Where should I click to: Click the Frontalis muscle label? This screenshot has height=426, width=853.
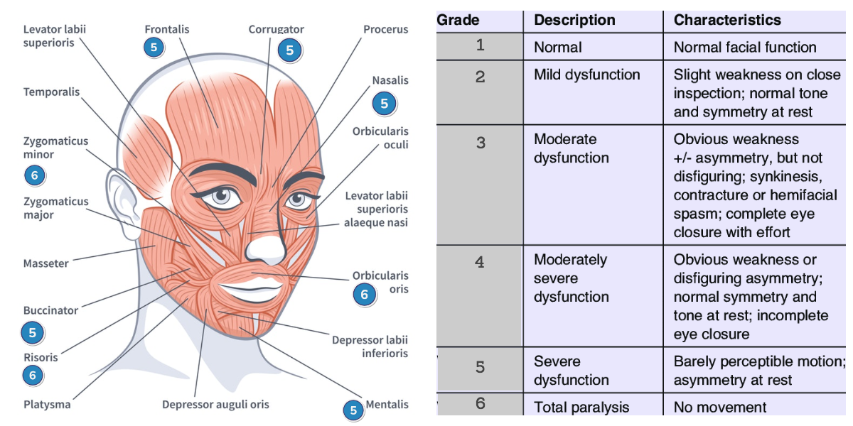166,29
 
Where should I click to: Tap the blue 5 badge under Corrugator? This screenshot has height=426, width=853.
289,50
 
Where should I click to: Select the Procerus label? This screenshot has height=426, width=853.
385,29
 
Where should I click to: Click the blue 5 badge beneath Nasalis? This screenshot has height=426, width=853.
384,104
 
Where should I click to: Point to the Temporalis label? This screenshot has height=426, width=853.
51,92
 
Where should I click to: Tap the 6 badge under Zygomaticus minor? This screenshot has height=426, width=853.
34,175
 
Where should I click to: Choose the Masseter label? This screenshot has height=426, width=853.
45,263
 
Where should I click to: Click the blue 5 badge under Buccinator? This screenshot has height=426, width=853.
33,332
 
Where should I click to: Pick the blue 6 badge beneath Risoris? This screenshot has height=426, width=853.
33,375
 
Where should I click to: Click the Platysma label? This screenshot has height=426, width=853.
47,405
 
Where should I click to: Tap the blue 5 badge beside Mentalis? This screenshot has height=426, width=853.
353,410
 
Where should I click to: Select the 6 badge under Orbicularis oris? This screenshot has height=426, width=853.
364,294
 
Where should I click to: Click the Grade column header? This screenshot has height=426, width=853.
458,20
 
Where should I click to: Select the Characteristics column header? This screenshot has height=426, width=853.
727,20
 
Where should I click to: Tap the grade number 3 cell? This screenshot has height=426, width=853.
481,143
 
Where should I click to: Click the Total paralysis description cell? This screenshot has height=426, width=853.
581,407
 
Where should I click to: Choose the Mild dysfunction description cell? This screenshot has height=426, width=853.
586,75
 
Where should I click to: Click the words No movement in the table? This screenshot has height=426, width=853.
720,407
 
